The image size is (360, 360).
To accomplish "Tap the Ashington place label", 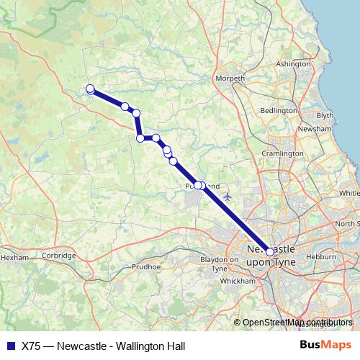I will [x=292, y=64].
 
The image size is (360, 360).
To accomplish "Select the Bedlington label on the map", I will [x=278, y=111].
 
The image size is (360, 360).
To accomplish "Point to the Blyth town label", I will [x=325, y=115].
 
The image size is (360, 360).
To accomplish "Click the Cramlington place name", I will [x=282, y=153].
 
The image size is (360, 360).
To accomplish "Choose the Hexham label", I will [x=14, y=256].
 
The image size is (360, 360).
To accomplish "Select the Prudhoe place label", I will [x=148, y=265].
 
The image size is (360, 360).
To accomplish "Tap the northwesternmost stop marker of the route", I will [x=90, y=89].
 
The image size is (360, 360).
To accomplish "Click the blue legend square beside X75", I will [x=9, y=346].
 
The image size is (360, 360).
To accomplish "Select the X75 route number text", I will [x=31, y=346].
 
